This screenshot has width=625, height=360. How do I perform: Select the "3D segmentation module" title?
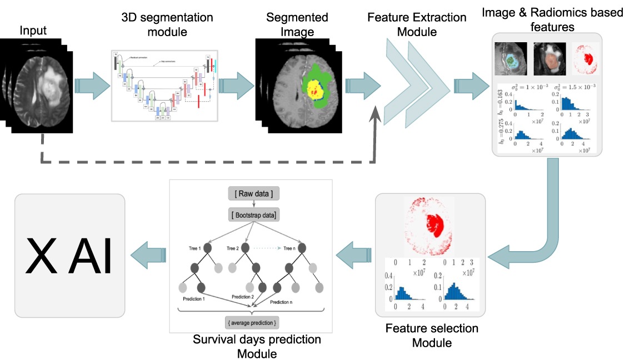point(167,24)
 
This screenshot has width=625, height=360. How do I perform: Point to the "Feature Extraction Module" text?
point(417,24)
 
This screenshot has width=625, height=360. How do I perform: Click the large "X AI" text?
point(69,256)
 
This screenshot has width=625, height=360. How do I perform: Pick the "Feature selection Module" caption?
point(432,336)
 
